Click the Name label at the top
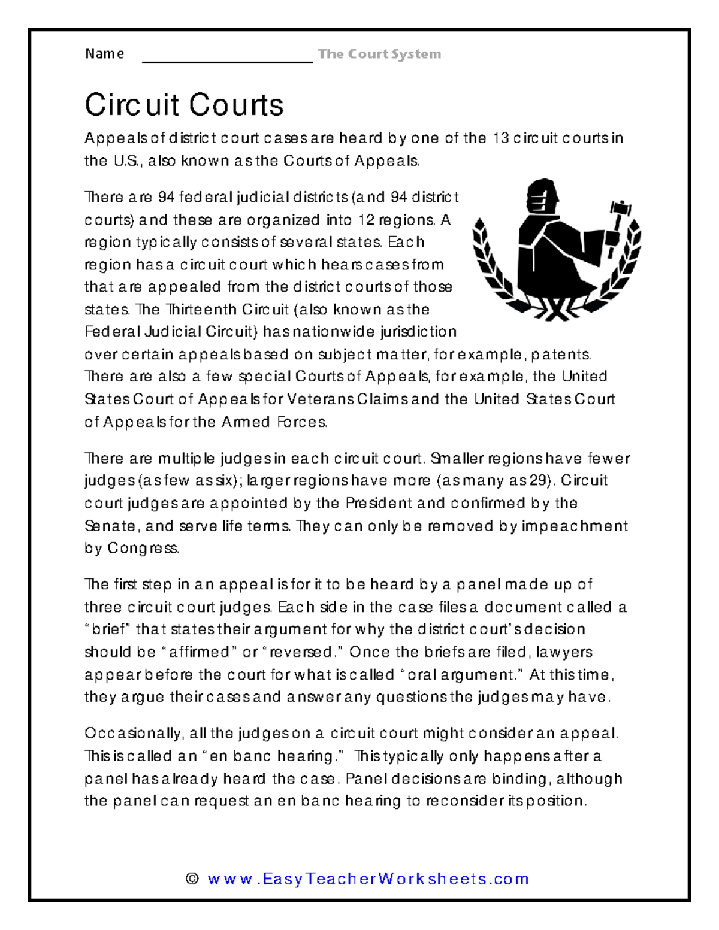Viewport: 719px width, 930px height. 104,54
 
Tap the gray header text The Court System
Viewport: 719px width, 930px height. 379,54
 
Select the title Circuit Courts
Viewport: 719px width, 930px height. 184,105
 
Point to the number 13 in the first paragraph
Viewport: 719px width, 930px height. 500,138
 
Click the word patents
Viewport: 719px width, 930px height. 561,355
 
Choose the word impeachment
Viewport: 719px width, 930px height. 575,526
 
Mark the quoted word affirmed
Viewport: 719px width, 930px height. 198,652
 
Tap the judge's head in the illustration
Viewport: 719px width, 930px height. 541,196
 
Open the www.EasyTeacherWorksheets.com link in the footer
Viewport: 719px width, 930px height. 368,879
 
